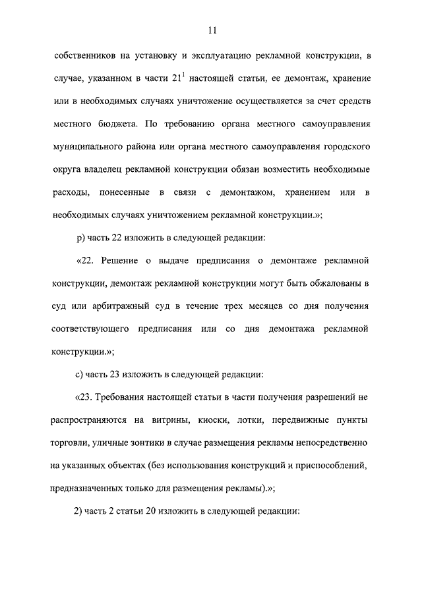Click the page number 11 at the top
click(211, 30)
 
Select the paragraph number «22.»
click(90, 260)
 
